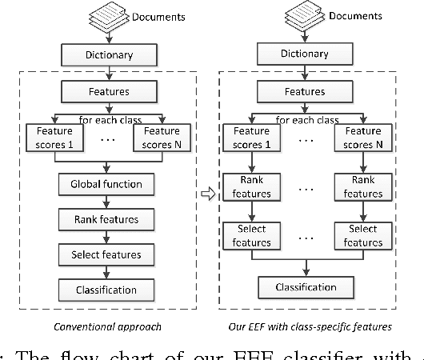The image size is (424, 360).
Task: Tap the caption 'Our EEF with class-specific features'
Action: click(310, 326)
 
